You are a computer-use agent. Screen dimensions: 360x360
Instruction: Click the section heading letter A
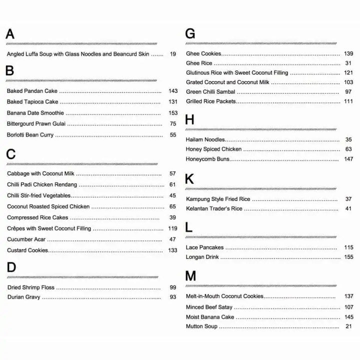coord(9,34)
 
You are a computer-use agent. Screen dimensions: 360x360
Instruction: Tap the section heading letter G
coord(190,34)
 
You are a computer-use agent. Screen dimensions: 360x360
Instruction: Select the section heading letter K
coord(189,179)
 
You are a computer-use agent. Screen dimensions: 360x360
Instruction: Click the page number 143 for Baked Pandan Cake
coord(173,91)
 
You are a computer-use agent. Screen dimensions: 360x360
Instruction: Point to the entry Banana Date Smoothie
coord(35,113)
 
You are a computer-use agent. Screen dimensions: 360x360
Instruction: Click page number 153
coord(173,113)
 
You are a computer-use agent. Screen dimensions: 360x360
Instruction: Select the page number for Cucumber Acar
coord(173,239)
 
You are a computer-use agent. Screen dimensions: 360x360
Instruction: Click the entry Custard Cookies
coord(27,250)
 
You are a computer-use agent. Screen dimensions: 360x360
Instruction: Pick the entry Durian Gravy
coord(24,297)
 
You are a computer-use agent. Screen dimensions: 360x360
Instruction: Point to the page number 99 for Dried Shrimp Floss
coord(173,287)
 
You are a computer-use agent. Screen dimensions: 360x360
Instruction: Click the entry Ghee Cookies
coord(203,53)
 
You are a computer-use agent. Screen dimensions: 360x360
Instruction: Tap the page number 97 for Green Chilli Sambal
coord(348,92)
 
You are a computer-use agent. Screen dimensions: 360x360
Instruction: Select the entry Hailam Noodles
coord(205,139)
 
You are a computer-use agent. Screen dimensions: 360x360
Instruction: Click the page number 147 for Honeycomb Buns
coord(348,159)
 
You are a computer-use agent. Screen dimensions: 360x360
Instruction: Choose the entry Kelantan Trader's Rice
coord(214,208)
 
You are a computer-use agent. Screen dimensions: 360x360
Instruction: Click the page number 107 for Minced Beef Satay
coord(348,307)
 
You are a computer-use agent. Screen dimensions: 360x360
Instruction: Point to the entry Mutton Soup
coord(201,326)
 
